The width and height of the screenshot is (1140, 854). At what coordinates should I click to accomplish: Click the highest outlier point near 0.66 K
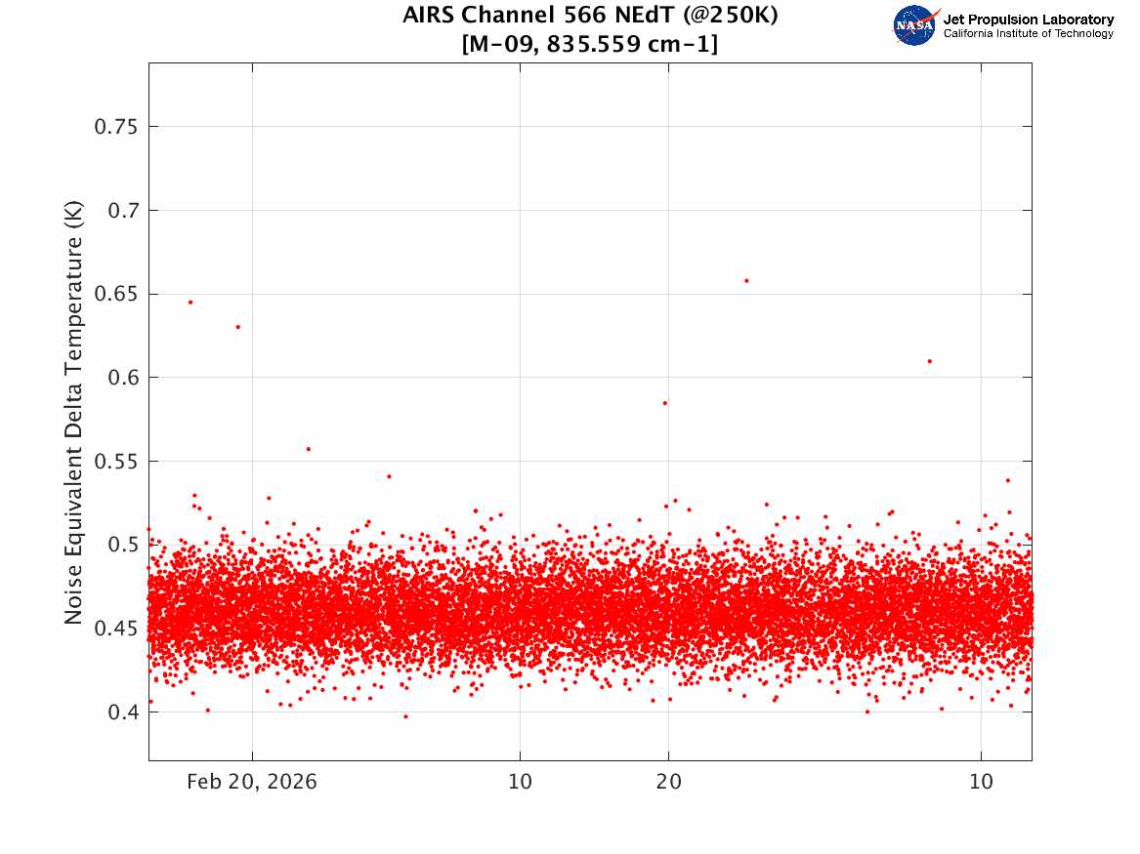click(746, 281)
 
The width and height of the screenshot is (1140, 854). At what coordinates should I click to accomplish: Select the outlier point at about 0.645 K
click(190, 303)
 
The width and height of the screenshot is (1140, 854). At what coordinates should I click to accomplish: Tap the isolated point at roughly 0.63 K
click(237, 327)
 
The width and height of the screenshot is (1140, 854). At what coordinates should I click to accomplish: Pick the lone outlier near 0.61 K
click(929, 362)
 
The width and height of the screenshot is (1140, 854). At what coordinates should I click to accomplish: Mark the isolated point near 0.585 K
click(664, 403)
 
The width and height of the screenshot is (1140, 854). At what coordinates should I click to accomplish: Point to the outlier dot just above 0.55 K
click(309, 450)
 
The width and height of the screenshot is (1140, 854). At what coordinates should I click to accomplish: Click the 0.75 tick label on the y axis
click(115, 127)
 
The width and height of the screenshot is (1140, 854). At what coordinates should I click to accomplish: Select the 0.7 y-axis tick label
click(123, 211)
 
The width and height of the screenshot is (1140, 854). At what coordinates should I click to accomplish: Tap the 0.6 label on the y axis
click(123, 378)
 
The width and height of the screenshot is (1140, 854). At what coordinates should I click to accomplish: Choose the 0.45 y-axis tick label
click(115, 629)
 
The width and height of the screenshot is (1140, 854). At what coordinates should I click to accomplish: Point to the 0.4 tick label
click(123, 712)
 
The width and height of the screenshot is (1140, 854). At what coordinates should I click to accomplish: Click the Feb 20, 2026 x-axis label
click(252, 782)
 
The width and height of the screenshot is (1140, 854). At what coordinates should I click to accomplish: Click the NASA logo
click(916, 25)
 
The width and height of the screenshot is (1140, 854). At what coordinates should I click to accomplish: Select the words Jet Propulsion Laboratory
click(1029, 20)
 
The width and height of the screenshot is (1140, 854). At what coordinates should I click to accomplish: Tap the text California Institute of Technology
click(1029, 33)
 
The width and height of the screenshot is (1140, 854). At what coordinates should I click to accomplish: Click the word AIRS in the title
click(429, 15)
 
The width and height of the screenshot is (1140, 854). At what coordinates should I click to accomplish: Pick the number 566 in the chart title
click(586, 15)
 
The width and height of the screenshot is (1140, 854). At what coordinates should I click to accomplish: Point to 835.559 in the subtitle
click(593, 44)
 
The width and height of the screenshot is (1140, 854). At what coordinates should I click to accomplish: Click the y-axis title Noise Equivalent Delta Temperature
click(73, 412)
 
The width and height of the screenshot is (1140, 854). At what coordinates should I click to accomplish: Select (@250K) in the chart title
click(730, 15)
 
